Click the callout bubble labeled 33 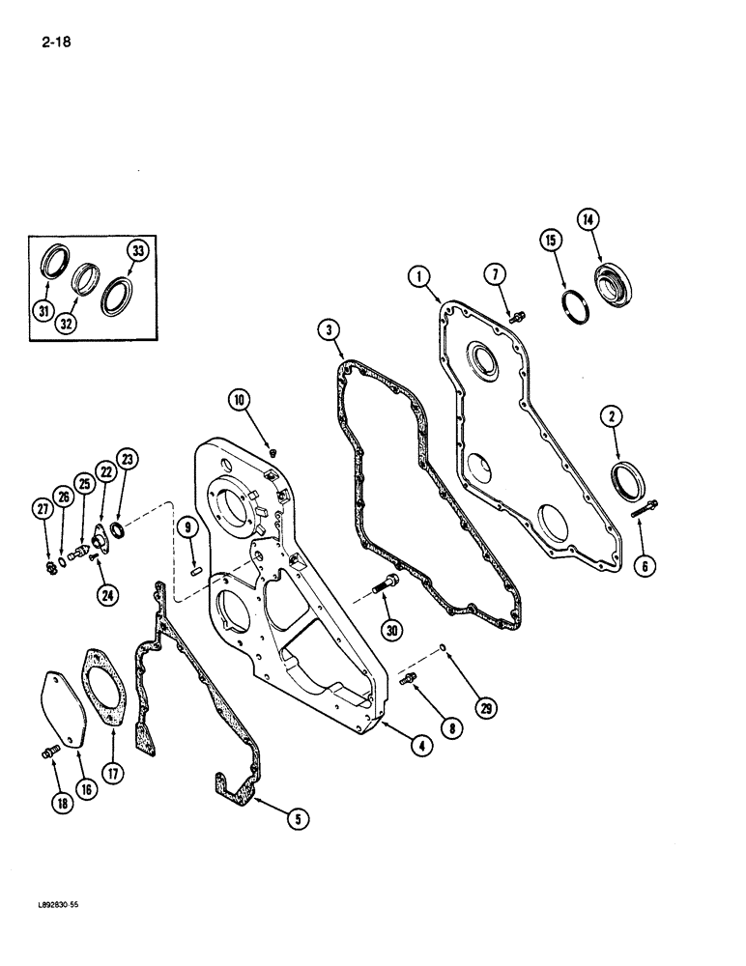click(x=137, y=252)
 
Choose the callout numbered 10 click(x=240, y=398)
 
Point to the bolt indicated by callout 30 click(x=387, y=583)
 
